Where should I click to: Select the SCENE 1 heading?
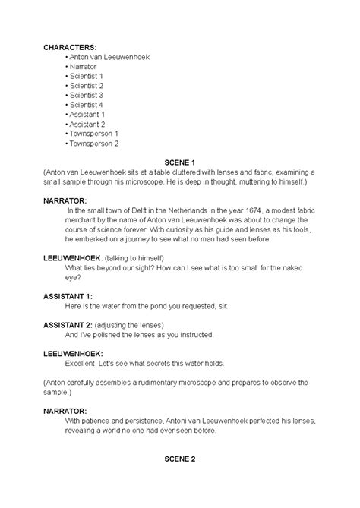pyautogui.click(x=181, y=162)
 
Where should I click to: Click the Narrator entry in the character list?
pyautogui.click(x=84, y=67)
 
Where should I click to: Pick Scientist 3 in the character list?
pyautogui.click(x=88, y=96)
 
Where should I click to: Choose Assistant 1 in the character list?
pyautogui.click(x=88, y=115)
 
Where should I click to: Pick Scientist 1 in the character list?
pyautogui.click(x=88, y=77)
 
